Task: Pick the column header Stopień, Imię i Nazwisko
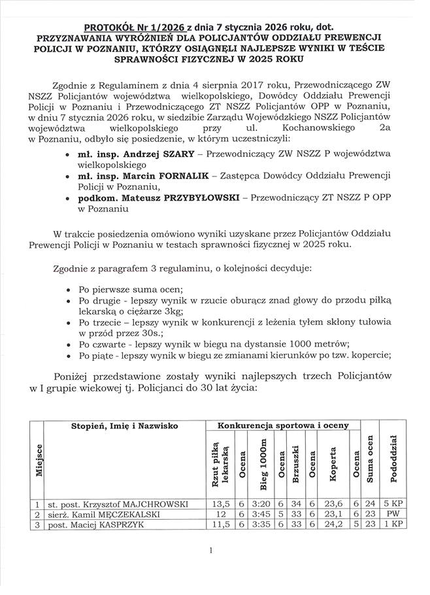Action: (125, 426)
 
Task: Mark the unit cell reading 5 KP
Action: (394, 504)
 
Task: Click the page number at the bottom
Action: (212, 551)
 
